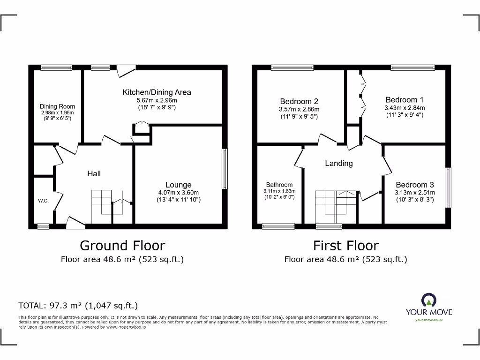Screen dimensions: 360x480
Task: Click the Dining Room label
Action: point(57,106)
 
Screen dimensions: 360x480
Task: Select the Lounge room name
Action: point(178,185)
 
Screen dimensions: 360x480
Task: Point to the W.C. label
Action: point(43,201)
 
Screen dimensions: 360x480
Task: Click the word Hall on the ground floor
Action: point(94,173)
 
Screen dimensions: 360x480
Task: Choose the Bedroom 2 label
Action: point(299,101)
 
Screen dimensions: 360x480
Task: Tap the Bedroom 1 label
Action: point(405,100)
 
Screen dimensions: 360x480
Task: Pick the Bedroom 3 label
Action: point(411,185)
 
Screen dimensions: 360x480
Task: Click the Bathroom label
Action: point(279,185)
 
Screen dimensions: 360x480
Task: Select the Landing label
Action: point(338,163)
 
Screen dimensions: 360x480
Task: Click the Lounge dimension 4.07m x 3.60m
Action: point(178,193)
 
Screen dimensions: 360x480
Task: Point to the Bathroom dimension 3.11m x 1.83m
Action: point(279,191)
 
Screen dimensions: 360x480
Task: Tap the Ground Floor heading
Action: point(122,245)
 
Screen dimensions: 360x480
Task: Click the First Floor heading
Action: point(346,245)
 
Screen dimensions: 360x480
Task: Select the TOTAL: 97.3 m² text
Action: point(78,306)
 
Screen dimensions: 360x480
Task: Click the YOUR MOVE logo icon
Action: point(429,300)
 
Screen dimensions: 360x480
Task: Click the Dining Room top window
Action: point(56,68)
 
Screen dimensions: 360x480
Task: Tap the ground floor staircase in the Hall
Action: point(101,206)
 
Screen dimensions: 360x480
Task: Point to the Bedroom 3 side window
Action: point(448,187)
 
